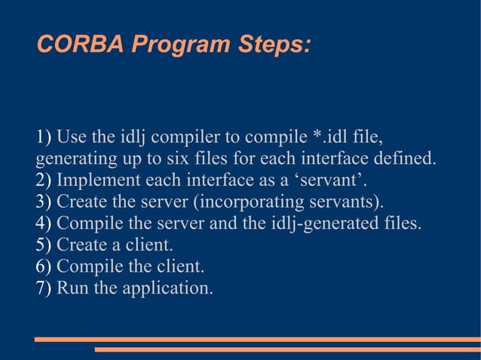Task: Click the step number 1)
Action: pyautogui.click(x=44, y=138)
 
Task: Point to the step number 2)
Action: pyautogui.click(x=44, y=181)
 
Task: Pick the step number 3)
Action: pyautogui.click(x=44, y=202)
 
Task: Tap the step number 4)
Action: pyautogui.click(x=44, y=224)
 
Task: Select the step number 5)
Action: pyautogui.click(x=44, y=245)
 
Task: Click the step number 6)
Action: pyautogui.click(x=44, y=267)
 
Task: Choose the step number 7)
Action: pyautogui.click(x=44, y=288)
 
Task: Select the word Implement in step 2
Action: pyautogui.click(x=92, y=181)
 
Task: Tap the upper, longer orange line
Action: pyautogui.click(x=257, y=339)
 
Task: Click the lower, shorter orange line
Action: pyautogui.click(x=286, y=349)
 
